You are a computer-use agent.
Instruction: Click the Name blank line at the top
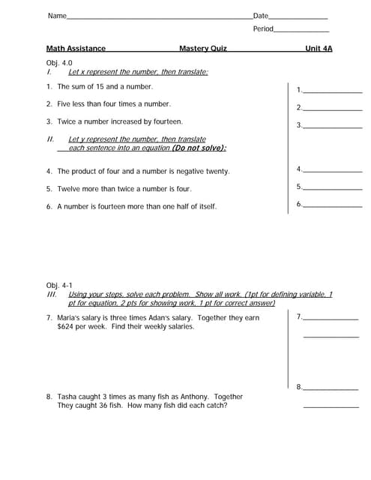click(x=159, y=17)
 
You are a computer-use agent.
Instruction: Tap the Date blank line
click(x=298, y=17)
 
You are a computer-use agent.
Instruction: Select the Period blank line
click(x=301, y=31)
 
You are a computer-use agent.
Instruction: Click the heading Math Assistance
click(x=76, y=49)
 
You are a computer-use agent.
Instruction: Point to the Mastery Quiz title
click(x=202, y=49)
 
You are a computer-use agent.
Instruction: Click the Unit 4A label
click(x=319, y=49)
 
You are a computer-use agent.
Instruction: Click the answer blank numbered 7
click(x=331, y=318)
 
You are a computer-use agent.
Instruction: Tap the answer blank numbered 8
click(x=331, y=388)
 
